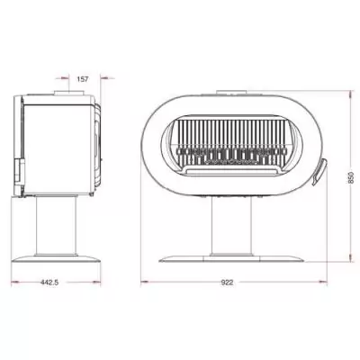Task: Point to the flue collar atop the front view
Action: coord(232,92)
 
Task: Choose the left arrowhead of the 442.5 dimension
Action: coord(12,282)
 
